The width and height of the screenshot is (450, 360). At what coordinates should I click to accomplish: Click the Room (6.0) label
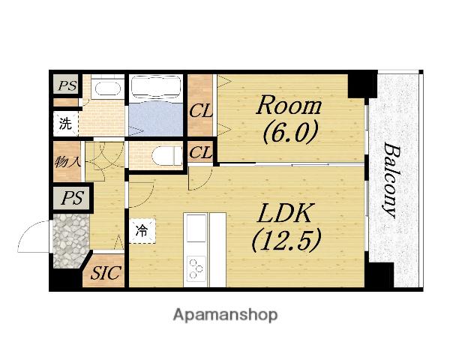click(289, 120)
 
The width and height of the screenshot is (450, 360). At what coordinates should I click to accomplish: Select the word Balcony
click(391, 181)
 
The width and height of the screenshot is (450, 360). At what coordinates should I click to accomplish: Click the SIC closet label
click(105, 273)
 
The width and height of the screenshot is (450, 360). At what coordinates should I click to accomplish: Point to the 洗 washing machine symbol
click(66, 124)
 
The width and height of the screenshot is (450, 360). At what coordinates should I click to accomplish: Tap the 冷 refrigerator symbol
click(142, 231)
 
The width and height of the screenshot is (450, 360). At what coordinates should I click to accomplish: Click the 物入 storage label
click(67, 162)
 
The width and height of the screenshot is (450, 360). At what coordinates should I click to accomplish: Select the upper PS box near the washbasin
click(67, 85)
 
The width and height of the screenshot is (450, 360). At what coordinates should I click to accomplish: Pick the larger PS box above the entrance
click(72, 198)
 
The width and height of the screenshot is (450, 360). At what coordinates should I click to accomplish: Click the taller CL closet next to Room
click(200, 105)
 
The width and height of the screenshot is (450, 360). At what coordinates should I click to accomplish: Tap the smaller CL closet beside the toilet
click(200, 153)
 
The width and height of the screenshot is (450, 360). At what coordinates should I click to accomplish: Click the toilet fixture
click(166, 156)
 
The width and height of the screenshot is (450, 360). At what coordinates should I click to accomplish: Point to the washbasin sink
click(107, 88)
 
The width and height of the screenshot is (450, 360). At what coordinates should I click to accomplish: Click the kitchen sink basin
click(196, 228)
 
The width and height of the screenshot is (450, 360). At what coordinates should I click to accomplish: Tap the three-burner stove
click(196, 268)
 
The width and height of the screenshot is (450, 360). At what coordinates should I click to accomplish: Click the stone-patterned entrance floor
click(71, 241)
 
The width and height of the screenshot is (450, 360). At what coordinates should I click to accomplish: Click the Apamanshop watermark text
click(225, 315)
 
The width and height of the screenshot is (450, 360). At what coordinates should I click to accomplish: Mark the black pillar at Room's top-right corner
click(362, 85)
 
